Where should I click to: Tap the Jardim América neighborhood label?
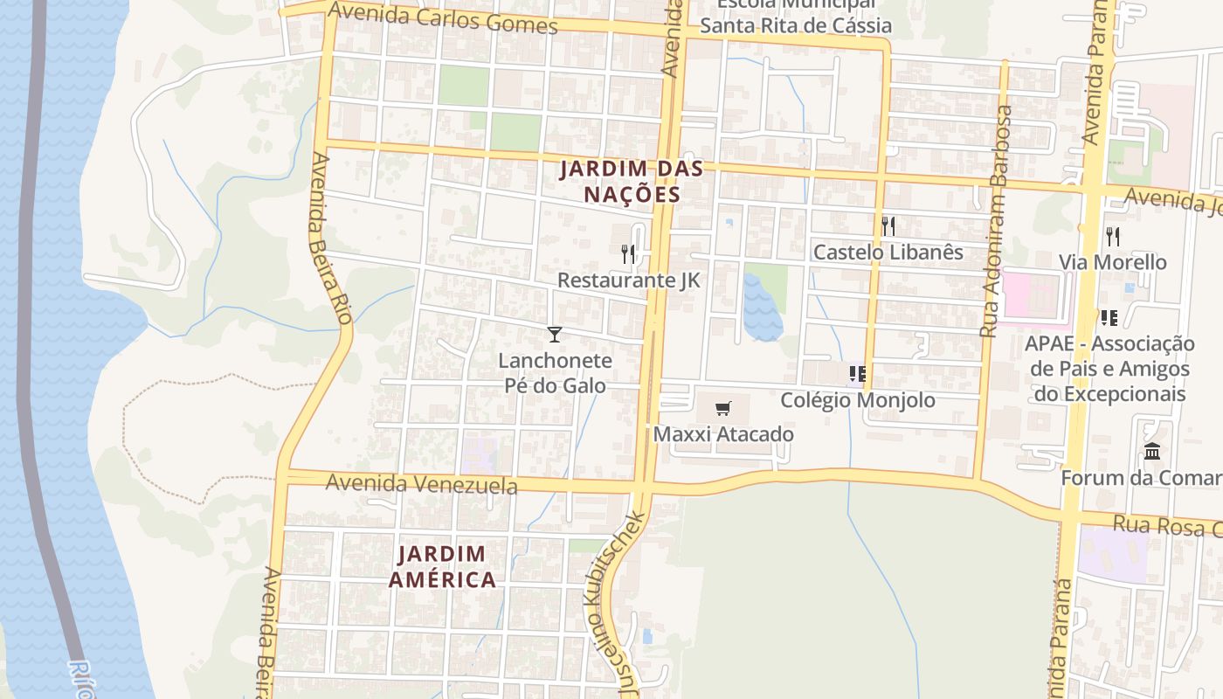pyautogui.click(x=442, y=566)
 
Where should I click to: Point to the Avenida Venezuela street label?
pyautogui.click(x=421, y=483)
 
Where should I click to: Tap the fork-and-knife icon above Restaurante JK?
pyautogui.click(x=628, y=254)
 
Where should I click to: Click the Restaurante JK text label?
pyautogui.click(x=628, y=280)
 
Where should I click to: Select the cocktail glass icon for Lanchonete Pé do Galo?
pyautogui.click(x=554, y=334)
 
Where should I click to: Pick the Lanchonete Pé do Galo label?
pyautogui.click(x=555, y=372)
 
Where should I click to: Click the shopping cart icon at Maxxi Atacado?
pyautogui.click(x=722, y=409)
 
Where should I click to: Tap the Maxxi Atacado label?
pyautogui.click(x=723, y=434)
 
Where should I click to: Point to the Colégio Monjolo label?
pyautogui.click(x=857, y=400)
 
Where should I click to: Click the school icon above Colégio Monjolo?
pyautogui.click(x=857, y=375)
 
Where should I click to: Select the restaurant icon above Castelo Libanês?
pyautogui.click(x=888, y=226)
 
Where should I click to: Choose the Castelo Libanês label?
pyautogui.click(x=888, y=253)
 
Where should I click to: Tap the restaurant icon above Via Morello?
pyautogui.click(x=1112, y=236)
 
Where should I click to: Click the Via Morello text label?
pyautogui.click(x=1112, y=262)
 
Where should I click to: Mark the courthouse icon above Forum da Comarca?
pyautogui.click(x=1152, y=453)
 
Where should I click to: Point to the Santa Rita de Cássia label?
pyautogui.click(x=795, y=25)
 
